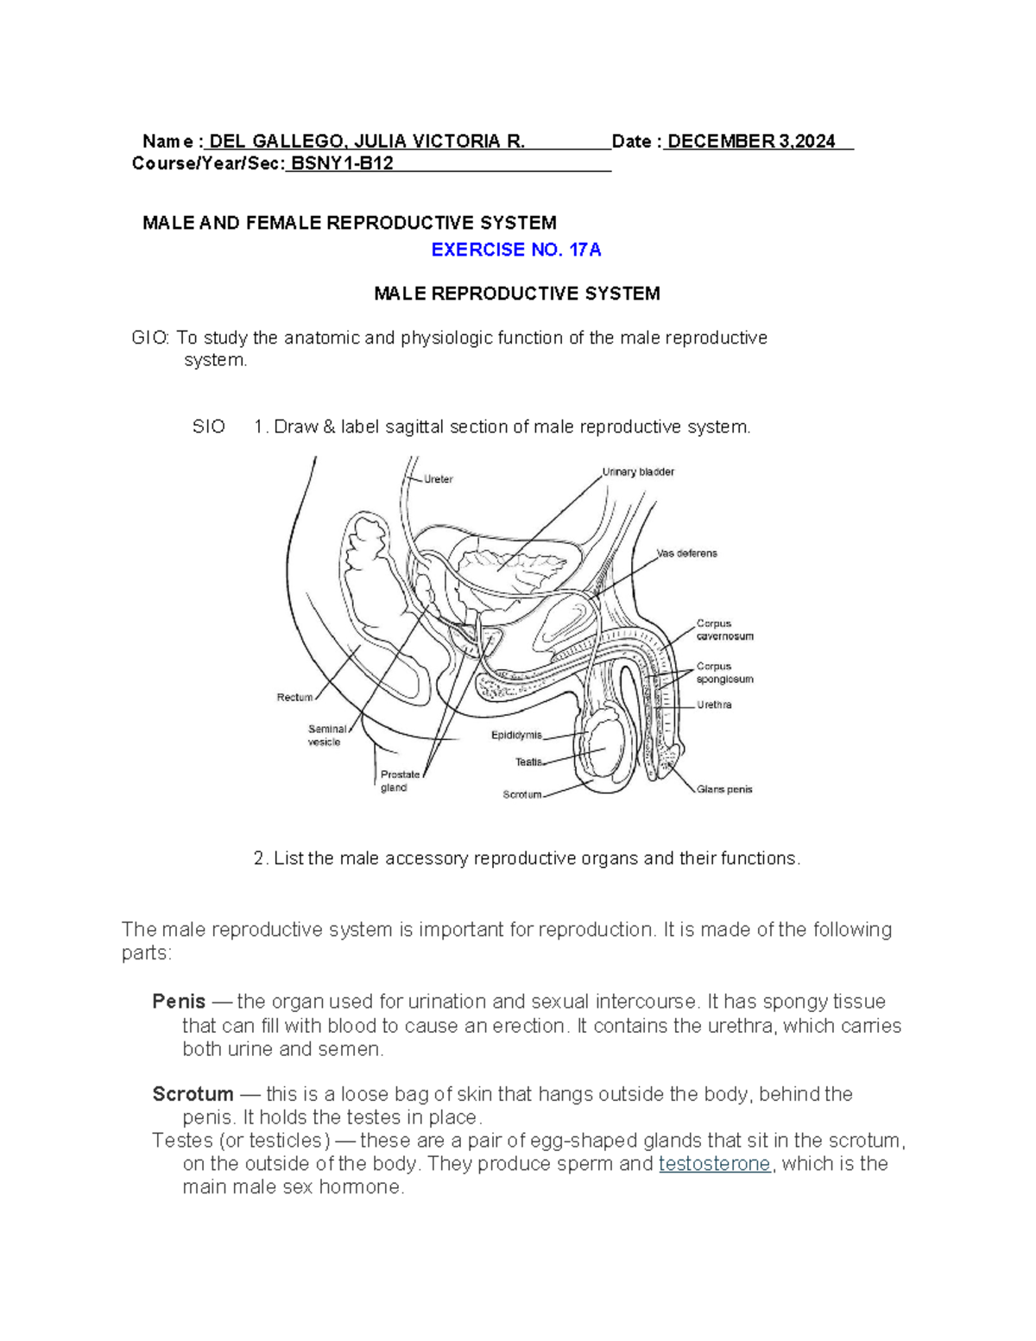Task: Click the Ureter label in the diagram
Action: tap(439, 479)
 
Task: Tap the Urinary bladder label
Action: tap(638, 472)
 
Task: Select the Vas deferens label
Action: tap(687, 553)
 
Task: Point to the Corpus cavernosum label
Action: tap(725, 629)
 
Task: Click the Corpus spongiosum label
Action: tap(725, 673)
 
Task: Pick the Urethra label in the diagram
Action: tap(715, 705)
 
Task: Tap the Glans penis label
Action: tap(724, 789)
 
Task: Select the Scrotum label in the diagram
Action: tap(521, 794)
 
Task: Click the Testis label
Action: tap(528, 762)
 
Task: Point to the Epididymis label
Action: tap(516, 735)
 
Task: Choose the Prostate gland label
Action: tap(400, 781)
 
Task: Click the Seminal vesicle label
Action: tap(326, 735)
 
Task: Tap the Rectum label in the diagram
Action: tap(294, 697)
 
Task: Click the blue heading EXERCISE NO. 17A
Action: tap(516, 250)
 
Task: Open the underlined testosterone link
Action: tap(714, 1164)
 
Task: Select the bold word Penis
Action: tap(179, 1002)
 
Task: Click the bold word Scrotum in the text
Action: tap(193, 1094)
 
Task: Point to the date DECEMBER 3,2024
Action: tap(751, 142)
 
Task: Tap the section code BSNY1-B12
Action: tap(342, 164)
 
